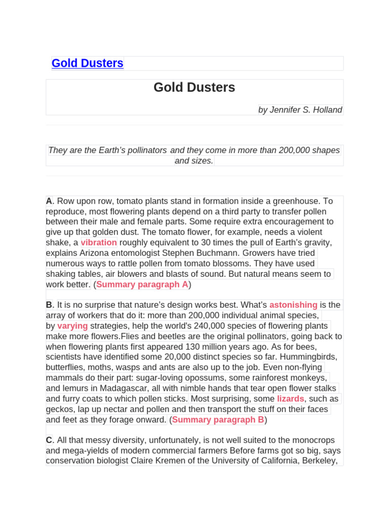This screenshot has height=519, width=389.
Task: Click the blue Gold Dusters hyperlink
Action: click(x=87, y=63)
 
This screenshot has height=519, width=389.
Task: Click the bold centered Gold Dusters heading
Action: click(x=194, y=88)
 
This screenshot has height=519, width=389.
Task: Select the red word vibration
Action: click(x=99, y=243)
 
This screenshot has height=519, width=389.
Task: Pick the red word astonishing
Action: click(x=293, y=305)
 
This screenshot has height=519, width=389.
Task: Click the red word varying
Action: click(x=72, y=326)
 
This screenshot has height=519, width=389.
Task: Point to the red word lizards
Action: click(x=290, y=399)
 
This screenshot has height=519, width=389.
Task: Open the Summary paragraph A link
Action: click(x=142, y=284)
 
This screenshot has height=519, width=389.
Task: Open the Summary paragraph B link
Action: click(x=218, y=420)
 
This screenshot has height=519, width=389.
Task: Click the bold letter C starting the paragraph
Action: click(x=49, y=440)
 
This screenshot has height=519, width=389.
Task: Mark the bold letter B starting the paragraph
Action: click(x=49, y=305)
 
